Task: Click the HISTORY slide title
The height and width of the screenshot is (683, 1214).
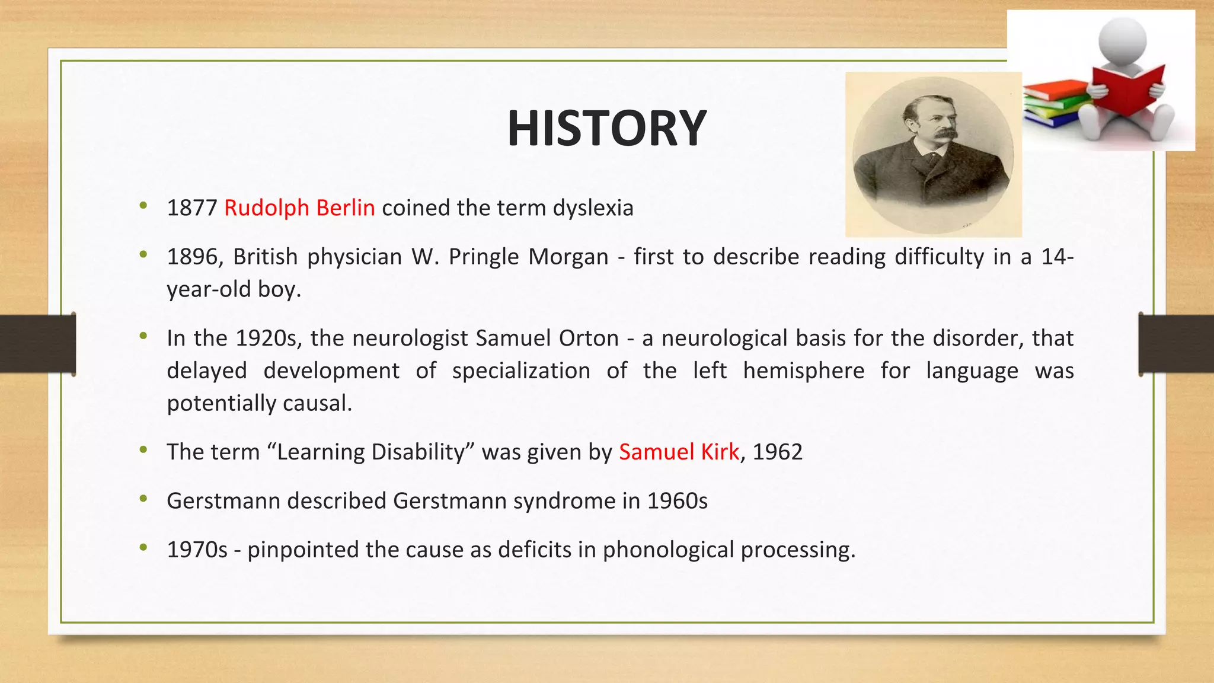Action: [606, 129]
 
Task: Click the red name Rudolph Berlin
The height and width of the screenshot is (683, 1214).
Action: [299, 208]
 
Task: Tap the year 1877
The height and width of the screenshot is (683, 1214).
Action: [192, 208]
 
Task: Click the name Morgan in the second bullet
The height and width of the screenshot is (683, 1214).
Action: [568, 257]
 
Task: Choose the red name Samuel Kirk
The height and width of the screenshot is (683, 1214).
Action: [679, 452]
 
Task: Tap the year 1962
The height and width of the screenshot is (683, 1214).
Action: [777, 452]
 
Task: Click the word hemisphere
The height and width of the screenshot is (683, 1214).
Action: [803, 371]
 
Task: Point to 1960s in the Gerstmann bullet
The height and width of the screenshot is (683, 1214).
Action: [677, 501]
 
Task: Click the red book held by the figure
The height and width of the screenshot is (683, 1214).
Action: [1126, 89]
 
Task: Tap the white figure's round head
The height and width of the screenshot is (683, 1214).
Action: [1122, 40]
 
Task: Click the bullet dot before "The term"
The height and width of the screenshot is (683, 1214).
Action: [143, 450]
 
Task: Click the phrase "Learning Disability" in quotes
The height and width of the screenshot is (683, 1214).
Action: [371, 452]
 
